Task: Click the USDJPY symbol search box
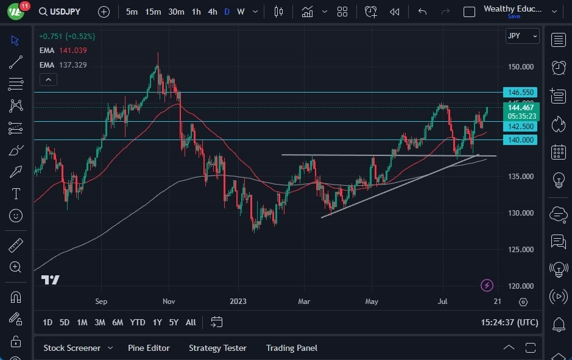tap(63, 12)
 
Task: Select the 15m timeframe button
tap(153, 12)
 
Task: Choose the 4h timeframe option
tap(212, 12)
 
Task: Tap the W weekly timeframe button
tap(241, 12)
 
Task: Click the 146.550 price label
tap(520, 93)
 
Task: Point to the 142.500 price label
tap(520, 127)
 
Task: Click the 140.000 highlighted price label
tap(520, 140)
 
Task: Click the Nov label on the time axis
tap(169, 301)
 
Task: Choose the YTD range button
tap(138, 322)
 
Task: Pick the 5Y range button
tap(174, 322)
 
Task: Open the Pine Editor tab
tap(149, 348)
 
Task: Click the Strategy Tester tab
tap(217, 348)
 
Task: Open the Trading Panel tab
tap(292, 348)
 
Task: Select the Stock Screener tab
tap(72, 348)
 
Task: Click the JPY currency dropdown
tap(522, 36)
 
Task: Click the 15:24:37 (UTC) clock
tap(509, 322)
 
